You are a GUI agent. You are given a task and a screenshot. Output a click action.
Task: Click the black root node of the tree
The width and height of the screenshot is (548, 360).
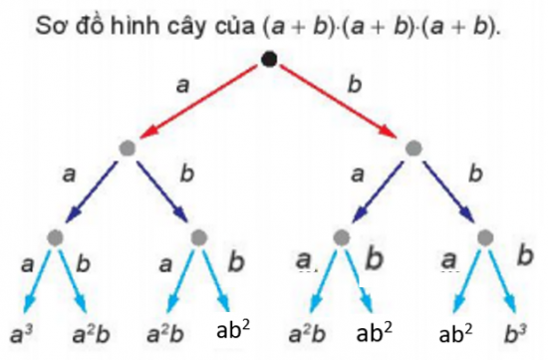coord(269,60)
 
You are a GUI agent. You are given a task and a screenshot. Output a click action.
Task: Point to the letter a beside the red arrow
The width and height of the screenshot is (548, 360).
coord(182,86)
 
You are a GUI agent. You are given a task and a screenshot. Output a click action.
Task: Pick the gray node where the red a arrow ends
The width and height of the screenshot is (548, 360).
coord(127,149)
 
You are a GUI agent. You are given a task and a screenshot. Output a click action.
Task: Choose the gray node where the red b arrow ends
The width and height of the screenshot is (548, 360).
coord(413,149)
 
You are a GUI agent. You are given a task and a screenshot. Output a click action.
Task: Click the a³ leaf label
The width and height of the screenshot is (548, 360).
coord(19,330)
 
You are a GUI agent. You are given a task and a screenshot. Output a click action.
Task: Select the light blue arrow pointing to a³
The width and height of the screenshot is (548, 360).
coord(37,278)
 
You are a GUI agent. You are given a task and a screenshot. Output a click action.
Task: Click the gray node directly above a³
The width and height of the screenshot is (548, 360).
coord(54,237)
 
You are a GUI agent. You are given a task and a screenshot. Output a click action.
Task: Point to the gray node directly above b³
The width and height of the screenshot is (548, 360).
coord(485,237)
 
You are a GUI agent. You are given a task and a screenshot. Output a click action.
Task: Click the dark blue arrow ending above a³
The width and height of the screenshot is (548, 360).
coord(92,191)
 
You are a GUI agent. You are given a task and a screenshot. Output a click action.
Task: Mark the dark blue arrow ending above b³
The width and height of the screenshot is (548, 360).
coord(449,191)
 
